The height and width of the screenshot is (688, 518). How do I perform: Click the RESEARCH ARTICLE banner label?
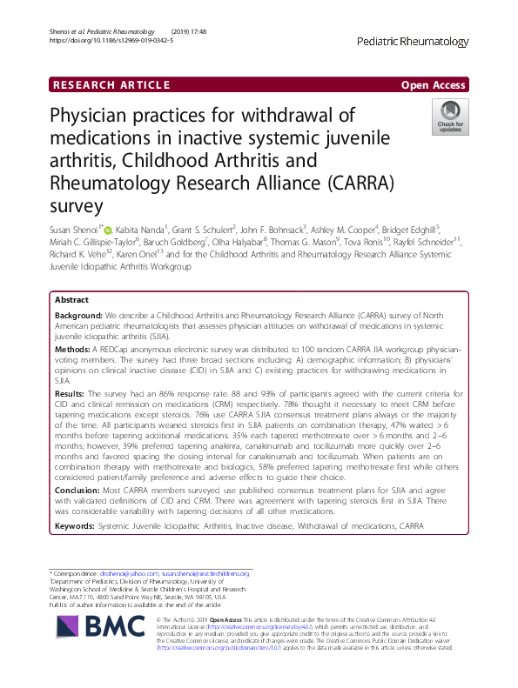(x=111, y=84)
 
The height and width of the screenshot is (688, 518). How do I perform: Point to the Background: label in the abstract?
(x=80, y=316)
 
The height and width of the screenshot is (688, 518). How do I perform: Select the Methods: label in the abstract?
(x=74, y=348)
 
